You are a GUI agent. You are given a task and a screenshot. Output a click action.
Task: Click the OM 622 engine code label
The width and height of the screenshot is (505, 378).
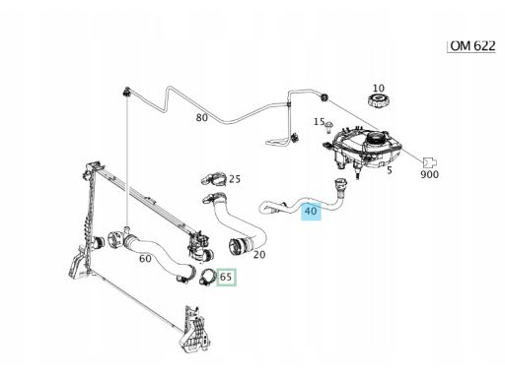[x=472, y=46]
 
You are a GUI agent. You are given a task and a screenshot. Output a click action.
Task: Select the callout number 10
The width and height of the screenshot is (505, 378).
[x=379, y=88]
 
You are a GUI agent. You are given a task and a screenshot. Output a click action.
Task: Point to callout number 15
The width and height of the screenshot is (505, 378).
[x=319, y=122]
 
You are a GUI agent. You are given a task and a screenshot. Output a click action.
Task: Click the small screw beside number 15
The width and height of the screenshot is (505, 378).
[x=328, y=126]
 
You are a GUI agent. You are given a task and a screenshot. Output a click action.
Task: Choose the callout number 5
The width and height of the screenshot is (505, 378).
[x=390, y=170]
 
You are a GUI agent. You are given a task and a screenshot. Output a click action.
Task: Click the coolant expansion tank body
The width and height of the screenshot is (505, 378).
[x=365, y=148]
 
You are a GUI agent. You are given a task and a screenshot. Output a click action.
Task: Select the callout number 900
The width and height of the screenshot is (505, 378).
[x=430, y=174]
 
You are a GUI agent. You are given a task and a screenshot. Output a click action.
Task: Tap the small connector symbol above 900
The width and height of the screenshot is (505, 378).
[x=430, y=162]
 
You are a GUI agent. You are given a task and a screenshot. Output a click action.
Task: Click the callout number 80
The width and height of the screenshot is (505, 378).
[x=202, y=117]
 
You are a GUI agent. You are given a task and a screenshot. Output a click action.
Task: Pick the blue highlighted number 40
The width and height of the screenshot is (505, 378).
[x=311, y=211]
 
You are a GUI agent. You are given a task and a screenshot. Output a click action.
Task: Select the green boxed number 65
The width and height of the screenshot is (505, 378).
[x=226, y=277]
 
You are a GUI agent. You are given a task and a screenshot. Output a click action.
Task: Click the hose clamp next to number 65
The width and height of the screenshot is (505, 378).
[x=207, y=277]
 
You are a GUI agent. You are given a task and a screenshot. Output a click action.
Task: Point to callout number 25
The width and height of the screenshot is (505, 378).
[x=235, y=179]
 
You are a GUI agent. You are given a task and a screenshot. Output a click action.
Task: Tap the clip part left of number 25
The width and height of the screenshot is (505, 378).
[x=213, y=178]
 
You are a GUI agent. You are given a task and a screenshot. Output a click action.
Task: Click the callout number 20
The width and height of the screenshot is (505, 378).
[x=259, y=254]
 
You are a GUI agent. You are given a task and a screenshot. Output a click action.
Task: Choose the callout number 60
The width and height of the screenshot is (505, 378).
[x=145, y=259]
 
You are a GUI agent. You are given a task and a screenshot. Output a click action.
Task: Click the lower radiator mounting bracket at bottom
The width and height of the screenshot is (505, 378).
[x=194, y=330]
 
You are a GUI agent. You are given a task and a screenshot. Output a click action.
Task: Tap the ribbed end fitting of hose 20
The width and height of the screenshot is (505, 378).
[x=238, y=247]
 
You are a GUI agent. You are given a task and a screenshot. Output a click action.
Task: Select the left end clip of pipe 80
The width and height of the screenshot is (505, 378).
[x=126, y=92]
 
